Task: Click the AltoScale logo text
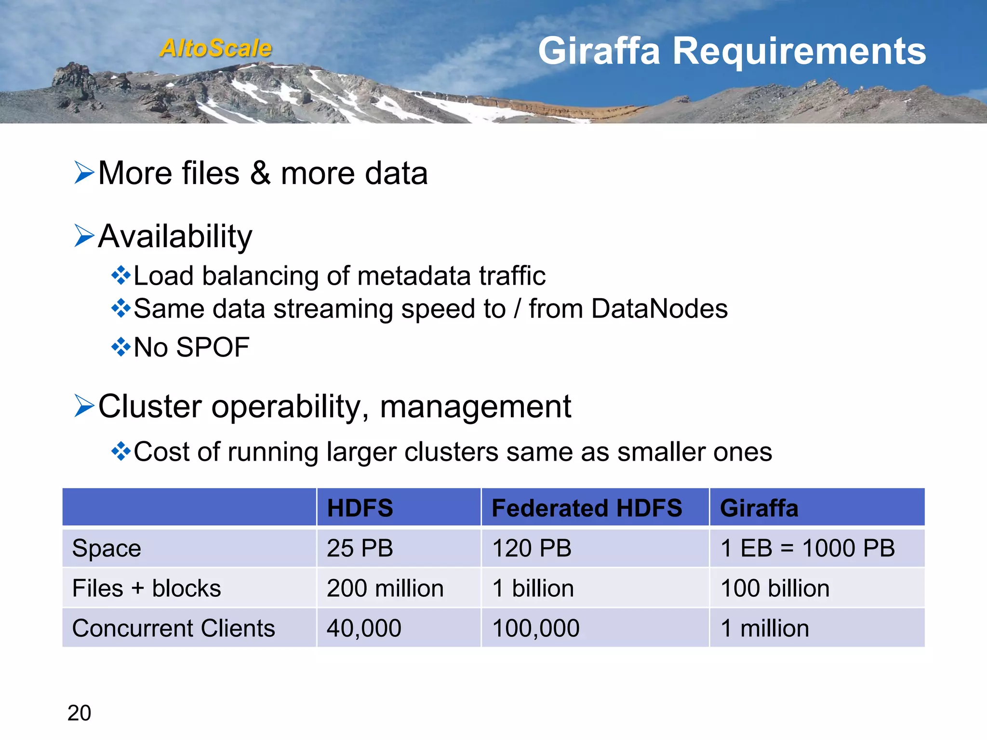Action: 216,48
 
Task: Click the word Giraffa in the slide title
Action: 599,51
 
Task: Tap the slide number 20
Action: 79,713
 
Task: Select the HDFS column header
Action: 360,508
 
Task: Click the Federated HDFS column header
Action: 587,508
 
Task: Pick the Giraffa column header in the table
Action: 759,508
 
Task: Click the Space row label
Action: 107,548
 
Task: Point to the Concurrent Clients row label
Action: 173,628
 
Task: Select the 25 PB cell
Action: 360,548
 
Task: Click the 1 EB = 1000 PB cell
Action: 807,548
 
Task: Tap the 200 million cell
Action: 385,588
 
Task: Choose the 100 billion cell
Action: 774,588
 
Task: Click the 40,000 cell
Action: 364,628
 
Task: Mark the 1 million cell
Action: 764,628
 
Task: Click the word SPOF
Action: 213,347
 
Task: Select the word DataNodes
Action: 659,309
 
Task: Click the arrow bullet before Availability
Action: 84,236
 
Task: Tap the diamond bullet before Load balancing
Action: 120,276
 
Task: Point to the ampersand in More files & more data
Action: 260,173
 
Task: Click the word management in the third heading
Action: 475,407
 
